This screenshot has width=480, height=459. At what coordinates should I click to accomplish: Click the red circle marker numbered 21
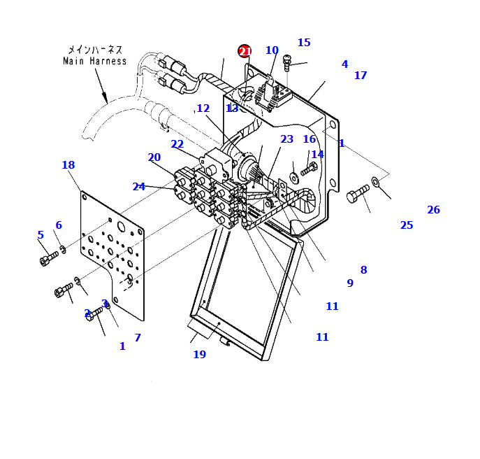(245, 51)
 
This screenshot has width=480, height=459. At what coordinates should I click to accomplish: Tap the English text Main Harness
(95, 61)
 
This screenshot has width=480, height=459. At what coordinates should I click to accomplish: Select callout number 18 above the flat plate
(68, 165)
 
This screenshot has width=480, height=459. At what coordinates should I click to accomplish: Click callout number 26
(433, 210)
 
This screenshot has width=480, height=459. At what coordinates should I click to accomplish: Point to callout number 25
(407, 225)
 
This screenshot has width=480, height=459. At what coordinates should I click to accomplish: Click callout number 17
(360, 76)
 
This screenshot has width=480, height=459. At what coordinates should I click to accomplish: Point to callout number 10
(272, 50)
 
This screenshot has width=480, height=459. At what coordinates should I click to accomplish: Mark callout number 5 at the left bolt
(41, 235)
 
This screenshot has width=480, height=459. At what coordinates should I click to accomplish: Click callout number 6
(59, 225)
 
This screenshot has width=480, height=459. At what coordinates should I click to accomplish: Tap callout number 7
(138, 338)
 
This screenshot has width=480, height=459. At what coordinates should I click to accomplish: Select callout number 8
(363, 270)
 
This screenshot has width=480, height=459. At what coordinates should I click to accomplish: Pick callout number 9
(350, 283)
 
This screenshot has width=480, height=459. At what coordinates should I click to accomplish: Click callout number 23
(286, 139)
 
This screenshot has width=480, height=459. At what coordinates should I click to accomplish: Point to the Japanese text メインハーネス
(95, 50)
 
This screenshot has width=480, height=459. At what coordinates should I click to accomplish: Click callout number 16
(309, 139)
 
